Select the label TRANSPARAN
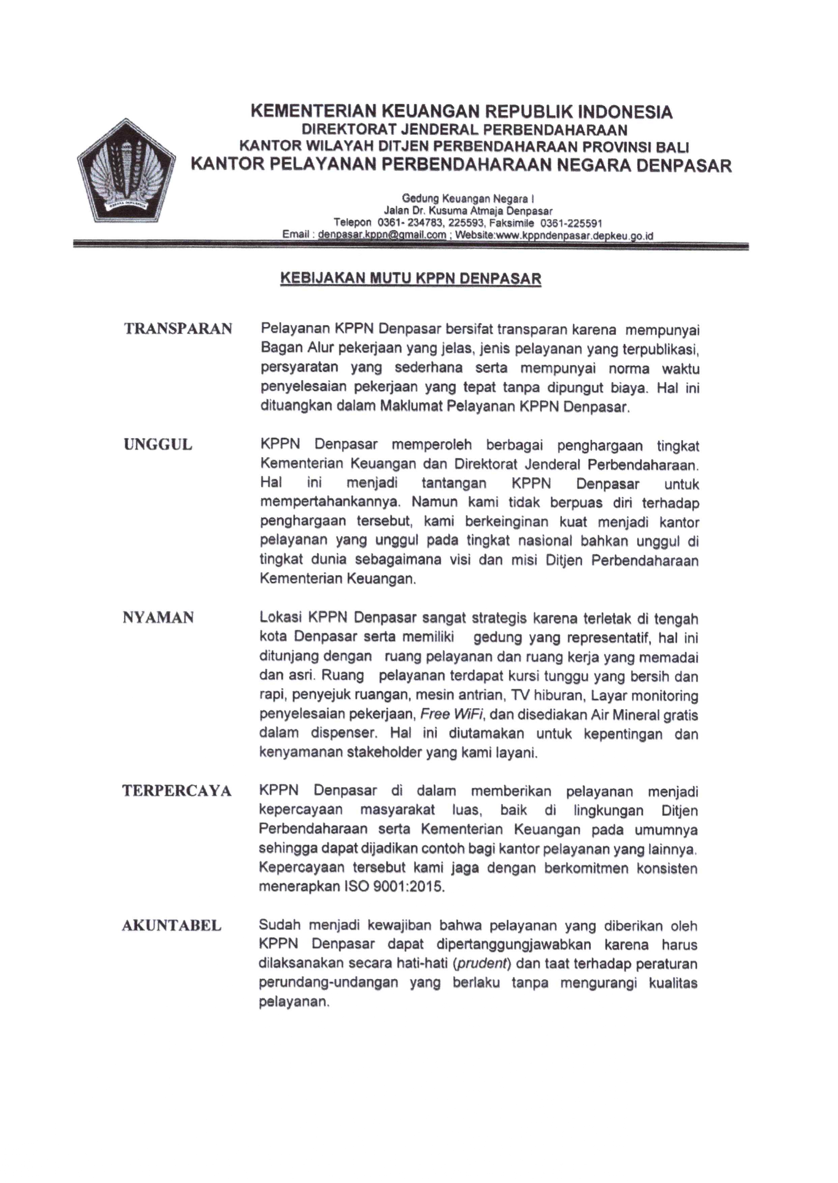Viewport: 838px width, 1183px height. tap(178, 329)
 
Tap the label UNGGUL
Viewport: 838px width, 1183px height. tap(158, 445)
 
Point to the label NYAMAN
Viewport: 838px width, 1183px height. tap(159, 617)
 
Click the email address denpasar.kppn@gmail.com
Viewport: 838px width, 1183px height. tap(382, 235)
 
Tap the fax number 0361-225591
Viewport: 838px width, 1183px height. tap(571, 223)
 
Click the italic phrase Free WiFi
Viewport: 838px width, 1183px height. tap(452, 715)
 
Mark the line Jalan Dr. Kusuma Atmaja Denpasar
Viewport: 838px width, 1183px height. tap(468, 211)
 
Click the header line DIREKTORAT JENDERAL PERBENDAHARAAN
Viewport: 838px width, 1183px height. tap(465, 129)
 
